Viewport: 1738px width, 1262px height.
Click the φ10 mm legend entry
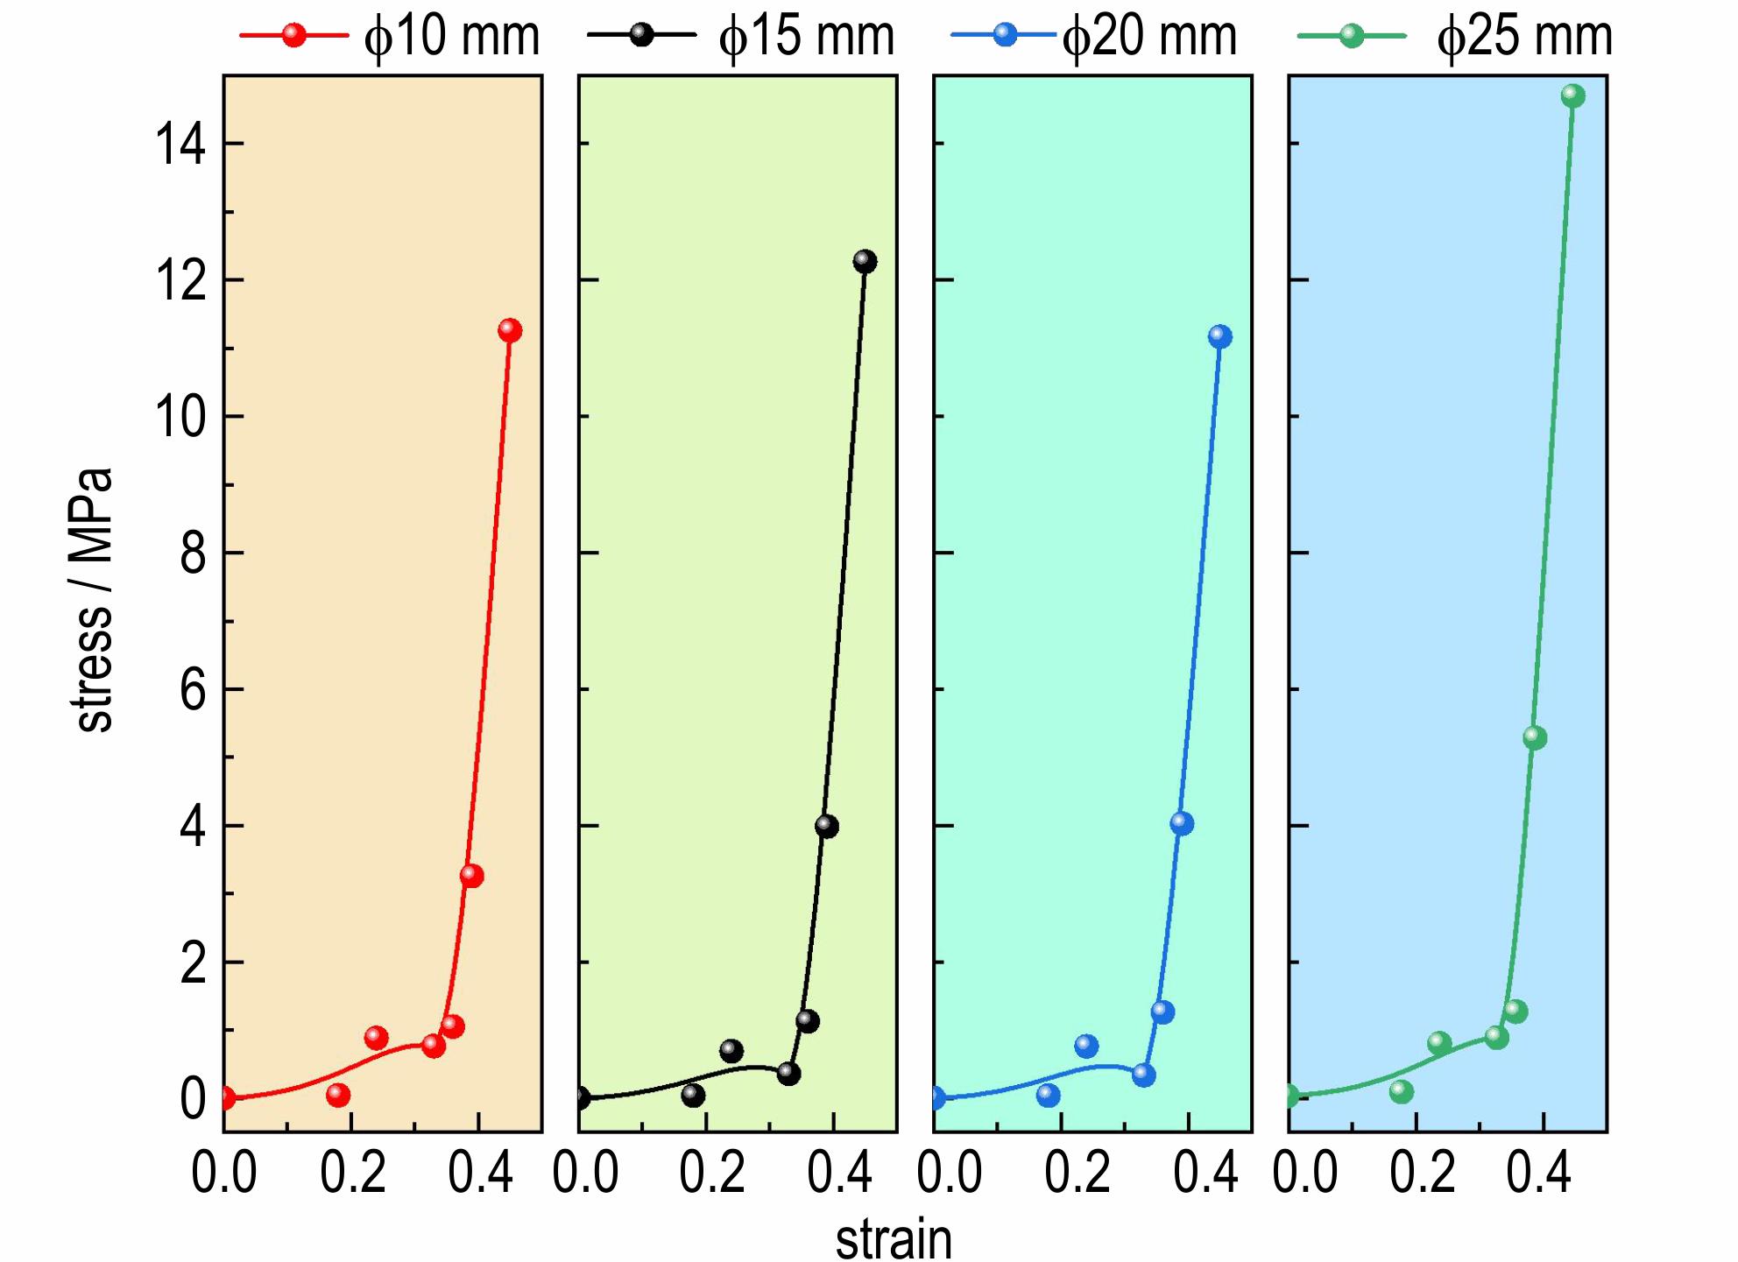(391, 37)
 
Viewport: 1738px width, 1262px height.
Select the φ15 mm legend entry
(741, 37)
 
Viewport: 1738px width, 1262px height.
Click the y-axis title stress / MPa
(93, 601)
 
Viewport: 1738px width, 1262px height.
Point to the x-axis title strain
(894, 1238)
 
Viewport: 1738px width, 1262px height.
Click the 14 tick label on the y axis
(180, 145)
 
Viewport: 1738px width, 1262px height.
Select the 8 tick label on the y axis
(193, 553)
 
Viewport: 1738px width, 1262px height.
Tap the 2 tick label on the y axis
(193, 963)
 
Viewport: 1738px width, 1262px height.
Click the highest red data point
(510, 330)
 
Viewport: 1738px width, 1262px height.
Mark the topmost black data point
(865, 261)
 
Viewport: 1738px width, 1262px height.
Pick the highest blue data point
(1219, 336)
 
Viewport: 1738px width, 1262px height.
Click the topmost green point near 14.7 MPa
(1572, 95)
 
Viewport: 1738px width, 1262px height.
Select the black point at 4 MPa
(826, 826)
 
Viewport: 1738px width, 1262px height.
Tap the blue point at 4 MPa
(1181, 823)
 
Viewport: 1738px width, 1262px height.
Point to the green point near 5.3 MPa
(1534, 737)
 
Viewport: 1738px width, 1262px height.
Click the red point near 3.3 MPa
(471, 876)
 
